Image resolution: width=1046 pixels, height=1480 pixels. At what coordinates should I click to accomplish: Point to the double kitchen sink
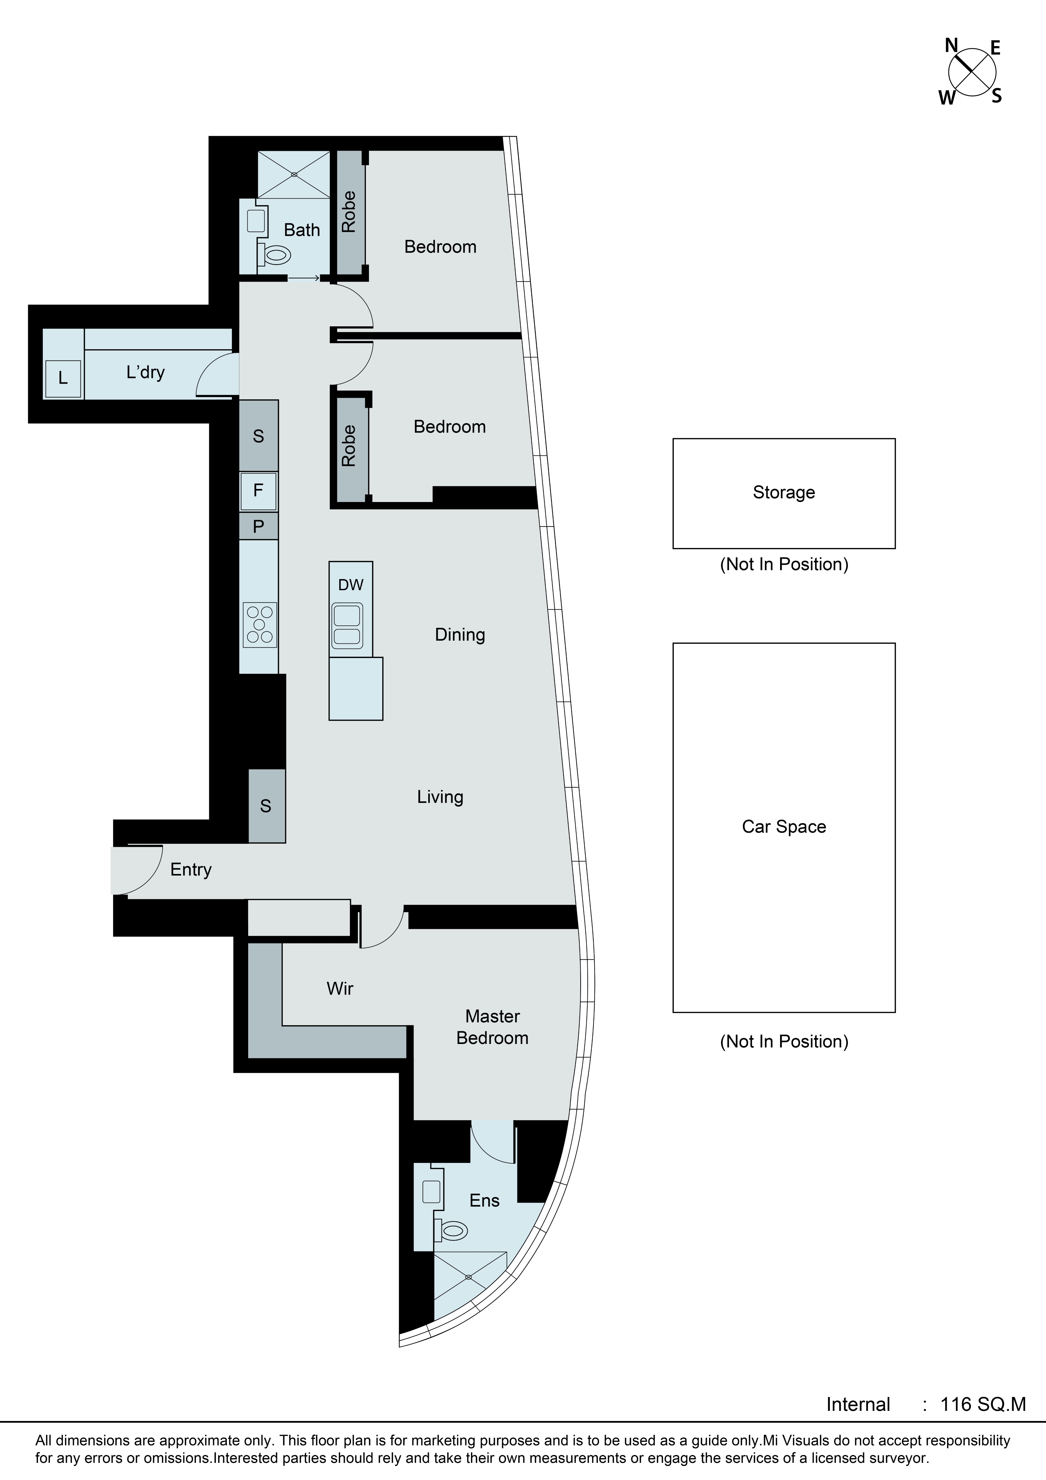tap(347, 625)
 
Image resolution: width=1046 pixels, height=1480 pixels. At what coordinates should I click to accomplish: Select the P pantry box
tap(258, 527)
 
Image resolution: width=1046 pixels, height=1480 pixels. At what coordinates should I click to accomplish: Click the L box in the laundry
tap(63, 378)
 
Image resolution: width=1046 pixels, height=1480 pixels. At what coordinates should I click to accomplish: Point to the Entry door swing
tap(139, 870)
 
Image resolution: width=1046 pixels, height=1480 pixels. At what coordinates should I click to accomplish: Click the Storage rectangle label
tap(784, 492)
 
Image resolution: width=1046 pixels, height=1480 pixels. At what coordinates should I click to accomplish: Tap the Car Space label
tap(784, 827)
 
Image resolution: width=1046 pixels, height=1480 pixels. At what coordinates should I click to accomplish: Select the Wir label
tap(340, 988)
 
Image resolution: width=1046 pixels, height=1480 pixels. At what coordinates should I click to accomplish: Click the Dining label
tap(460, 635)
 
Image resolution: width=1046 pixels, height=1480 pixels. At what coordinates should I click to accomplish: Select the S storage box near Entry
tap(266, 806)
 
